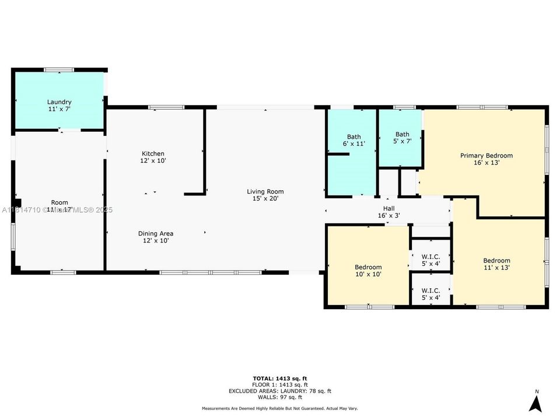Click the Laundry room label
click(x=60, y=106)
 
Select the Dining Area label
click(x=156, y=237)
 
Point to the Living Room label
click(x=265, y=195)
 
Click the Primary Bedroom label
click(x=486, y=159)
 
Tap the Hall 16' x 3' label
click(x=388, y=212)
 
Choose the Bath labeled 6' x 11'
click(x=353, y=140)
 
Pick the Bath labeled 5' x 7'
click(x=402, y=138)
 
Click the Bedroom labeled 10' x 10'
click(x=368, y=270)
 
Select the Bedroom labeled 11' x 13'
click(x=496, y=264)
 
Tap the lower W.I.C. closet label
click(x=430, y=294)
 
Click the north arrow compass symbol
click(x=536, y=402)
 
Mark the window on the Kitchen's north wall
click(x=166, y=107)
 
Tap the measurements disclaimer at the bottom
click(x=280, y=408)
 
